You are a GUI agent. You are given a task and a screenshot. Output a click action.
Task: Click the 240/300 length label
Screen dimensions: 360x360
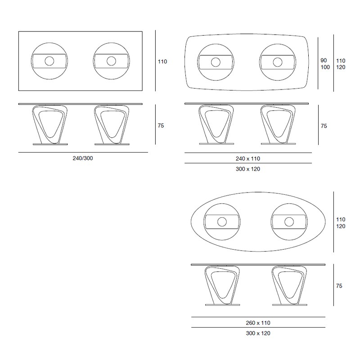83,158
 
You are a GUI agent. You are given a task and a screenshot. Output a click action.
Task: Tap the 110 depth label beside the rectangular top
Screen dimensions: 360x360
162,62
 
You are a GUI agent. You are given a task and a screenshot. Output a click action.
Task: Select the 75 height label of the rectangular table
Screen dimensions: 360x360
161,126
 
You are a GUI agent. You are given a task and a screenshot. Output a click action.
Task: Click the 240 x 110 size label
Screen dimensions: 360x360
248,159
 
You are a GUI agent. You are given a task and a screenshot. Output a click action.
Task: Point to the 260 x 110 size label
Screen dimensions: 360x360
258,323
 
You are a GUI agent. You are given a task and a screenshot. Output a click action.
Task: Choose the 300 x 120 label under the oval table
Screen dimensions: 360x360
258,333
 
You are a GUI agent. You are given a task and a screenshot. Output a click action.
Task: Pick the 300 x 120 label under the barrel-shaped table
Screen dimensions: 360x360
248,169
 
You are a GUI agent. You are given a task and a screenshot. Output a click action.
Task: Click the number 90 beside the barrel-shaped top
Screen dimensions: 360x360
324,60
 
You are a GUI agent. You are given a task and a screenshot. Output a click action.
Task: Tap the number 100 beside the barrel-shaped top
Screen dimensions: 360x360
325,67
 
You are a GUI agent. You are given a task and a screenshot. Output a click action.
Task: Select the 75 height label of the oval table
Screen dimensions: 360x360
339,286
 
